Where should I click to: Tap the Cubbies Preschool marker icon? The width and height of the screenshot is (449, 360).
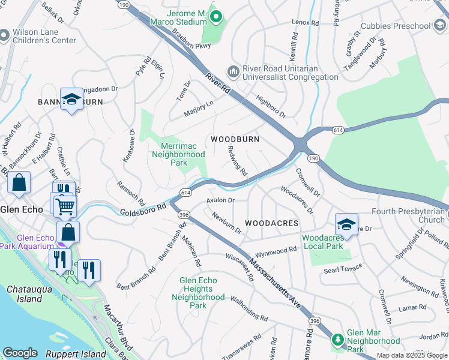pyautogui.click(x=440, y=26)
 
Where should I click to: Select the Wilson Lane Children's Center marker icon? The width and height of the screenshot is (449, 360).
pyautogui.click(x=5, y=35)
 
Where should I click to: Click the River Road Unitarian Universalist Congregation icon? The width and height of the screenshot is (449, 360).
pyautogui.click(x=233, y=71)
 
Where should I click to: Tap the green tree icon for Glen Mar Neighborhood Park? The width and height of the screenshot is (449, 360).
pyautogui.click(x=338, y=340)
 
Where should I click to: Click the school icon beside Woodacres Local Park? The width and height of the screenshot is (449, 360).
pyautogui.click(x=346, y=224)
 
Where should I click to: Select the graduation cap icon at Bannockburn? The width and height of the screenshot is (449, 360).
pyautogui.click(x=71, y=100)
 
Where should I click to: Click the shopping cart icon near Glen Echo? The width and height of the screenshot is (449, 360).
pyautogui.click(x=65, y=206)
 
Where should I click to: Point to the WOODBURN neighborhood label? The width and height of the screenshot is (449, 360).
pyautogui.click(x=235, y=139)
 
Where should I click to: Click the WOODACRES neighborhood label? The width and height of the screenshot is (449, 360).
pyautogui.click(x=271, y=223)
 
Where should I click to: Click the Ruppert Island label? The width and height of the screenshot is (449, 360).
pyautogui.click(x=78, y=354)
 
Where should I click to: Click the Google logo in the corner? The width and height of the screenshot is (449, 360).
pyautogui.click(x=20, y=353)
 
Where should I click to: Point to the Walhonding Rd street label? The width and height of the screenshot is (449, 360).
pyautogui.click(x=244, y=316)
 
